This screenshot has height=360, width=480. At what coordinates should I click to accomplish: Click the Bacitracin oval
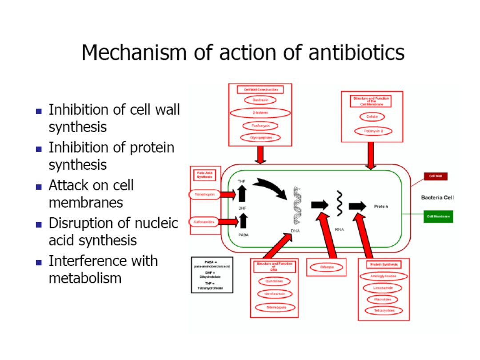point(260,100)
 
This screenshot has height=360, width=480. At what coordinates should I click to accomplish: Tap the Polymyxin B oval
point(372,131)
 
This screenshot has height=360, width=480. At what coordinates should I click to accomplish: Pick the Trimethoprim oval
point(204,194)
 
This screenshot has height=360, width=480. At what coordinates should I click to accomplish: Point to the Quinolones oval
point(274,281)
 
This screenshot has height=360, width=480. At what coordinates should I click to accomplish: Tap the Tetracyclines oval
point(384,311)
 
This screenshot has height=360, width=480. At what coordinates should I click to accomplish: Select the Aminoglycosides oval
point(383,276)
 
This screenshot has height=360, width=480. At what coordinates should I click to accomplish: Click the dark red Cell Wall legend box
point(435,176)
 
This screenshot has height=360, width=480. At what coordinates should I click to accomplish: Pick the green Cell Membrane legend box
point(438,216)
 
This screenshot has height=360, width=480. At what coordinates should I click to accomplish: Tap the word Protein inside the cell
point(381,206)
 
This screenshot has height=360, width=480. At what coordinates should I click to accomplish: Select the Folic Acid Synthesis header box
point(205,175)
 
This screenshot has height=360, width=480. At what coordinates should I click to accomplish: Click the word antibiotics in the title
point(356,52)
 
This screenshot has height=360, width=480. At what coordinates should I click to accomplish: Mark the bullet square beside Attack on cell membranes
point(39,187)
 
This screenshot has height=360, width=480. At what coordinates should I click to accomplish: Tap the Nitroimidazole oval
point(276,307)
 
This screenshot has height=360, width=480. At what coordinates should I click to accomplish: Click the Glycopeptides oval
point(260,138)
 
